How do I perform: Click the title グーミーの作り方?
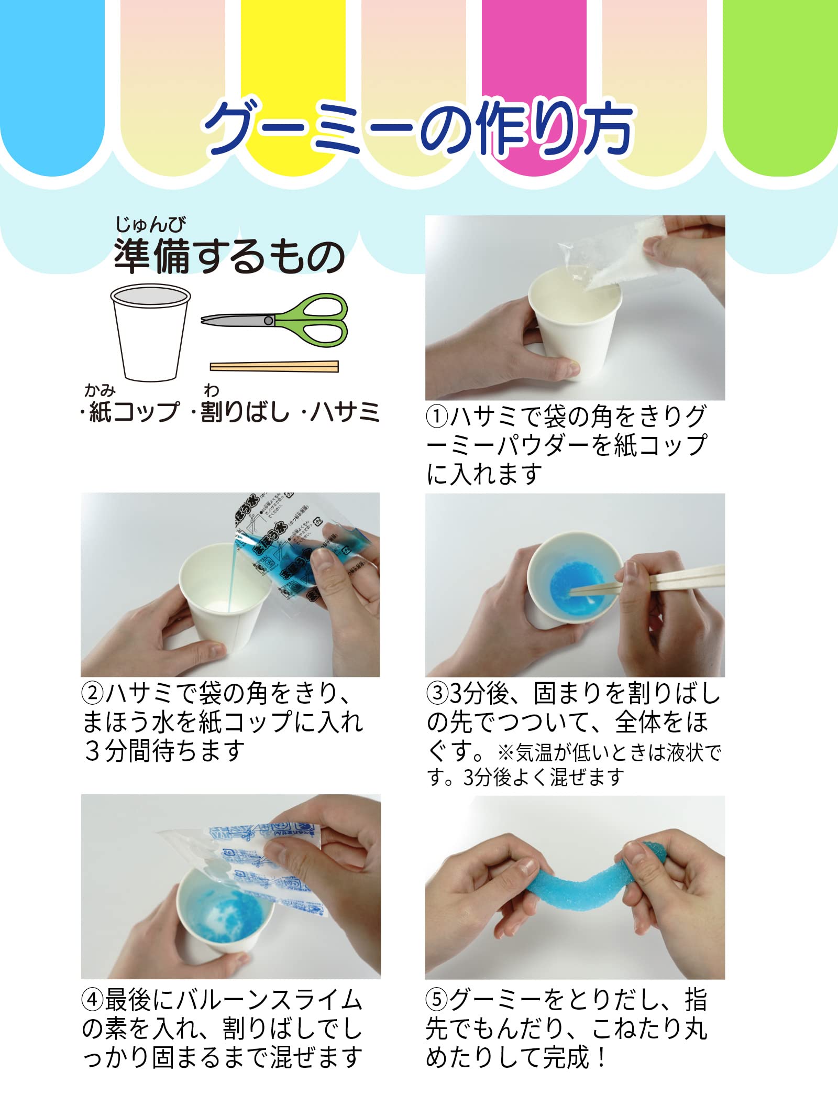tap(419, 128)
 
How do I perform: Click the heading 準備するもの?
tap(229, 256)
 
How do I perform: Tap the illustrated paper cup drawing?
tap(150, 333)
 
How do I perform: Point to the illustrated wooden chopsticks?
tap(274, 366)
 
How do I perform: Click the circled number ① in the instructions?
tap(437, 417)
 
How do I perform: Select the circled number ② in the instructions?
tap(93, 694)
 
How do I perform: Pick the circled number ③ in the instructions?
tap(437, 694)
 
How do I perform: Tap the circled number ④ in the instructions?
tap(93, 1001)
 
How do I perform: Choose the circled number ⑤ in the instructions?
tap(437, 1001)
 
